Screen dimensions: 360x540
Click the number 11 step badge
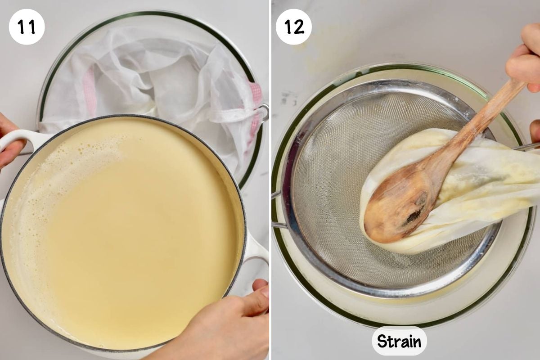(27, 27)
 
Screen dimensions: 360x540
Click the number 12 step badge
(293, 27)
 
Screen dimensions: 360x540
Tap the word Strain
(399, 341)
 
